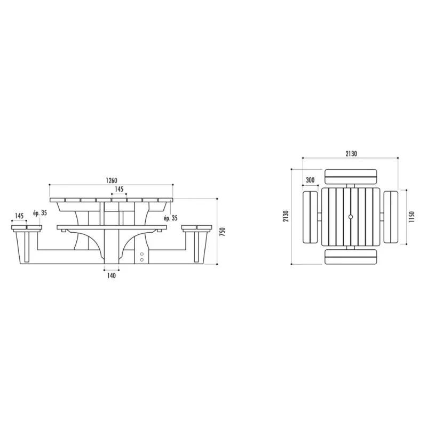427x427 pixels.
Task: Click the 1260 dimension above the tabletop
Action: (x=112, y=180)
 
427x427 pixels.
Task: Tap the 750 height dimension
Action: (x=223, y=232)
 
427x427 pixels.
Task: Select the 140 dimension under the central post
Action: (x=112, y=275)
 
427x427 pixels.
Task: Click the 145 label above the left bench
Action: (x=19, y=216)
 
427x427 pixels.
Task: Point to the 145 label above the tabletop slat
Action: (x=119, y=189)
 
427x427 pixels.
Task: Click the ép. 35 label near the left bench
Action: (x=40, y=213)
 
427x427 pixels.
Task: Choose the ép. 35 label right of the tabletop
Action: (x=171, y=218)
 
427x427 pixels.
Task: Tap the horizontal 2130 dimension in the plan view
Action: (x=351, y=154)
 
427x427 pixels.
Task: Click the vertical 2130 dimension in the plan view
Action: (x=286, y=216)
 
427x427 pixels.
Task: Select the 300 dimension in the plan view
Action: (x=310, y=180)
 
